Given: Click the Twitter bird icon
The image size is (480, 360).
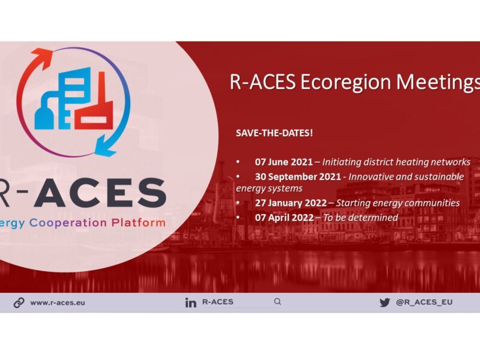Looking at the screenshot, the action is point(385,302).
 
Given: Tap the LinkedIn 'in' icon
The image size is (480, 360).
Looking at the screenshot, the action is point(190,302).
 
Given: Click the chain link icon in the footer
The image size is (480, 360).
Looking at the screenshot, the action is point(19,303).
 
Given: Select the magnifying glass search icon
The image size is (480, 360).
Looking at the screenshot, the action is point(277,302).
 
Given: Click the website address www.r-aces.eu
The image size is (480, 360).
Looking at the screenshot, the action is point(58,303).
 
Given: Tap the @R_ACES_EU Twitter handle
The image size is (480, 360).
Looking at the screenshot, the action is point(424,302).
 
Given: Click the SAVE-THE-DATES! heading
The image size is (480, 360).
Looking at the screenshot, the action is point(274,133).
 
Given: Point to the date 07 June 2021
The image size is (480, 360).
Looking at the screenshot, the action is point(284,162).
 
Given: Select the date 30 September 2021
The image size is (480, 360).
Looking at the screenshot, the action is point(298,176).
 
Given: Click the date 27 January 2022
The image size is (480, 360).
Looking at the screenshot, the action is point(291,203).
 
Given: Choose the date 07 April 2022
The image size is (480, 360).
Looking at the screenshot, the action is point(284,218).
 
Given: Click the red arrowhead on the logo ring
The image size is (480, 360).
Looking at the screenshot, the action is point(42,58).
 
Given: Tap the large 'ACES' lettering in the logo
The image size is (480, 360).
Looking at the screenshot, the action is point(100,192).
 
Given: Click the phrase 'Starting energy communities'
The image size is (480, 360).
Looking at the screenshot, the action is point(398,203).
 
